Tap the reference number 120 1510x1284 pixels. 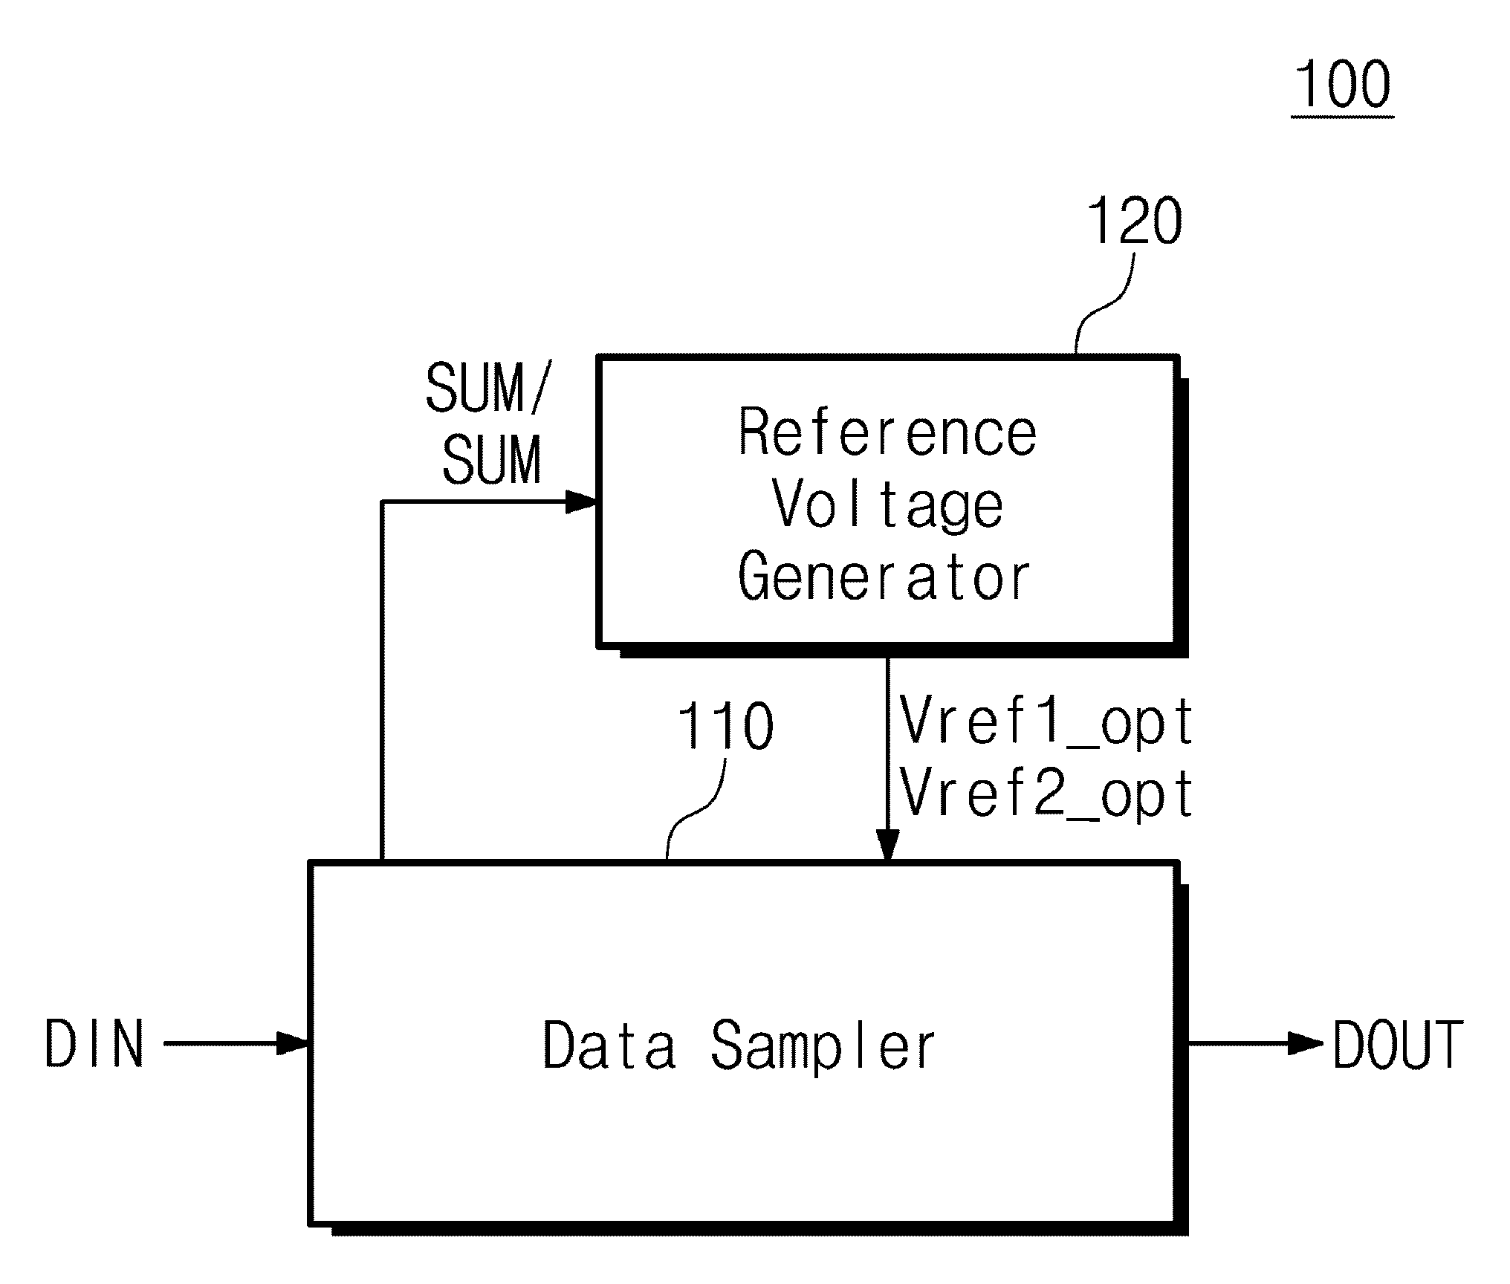pyautogui.click(x=1134, y=221)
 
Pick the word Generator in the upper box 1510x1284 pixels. pyautogui.click(x=884, y=578)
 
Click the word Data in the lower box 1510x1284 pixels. pyautogui.click(x=609, y=1045)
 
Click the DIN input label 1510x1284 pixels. pyautogui.click(x=94, y=1043)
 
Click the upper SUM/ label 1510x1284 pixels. pyautogui.click(x=487, y=389)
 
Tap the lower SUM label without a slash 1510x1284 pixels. pyautogui.click(x=491, y=459)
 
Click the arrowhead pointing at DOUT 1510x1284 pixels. pyautogui.click(x=1305, y=1043)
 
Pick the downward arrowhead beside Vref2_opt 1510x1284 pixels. pyautogui.click(x=887, y=846)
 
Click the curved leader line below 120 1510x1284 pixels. pyautogui.click(x=1106, y=303)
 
